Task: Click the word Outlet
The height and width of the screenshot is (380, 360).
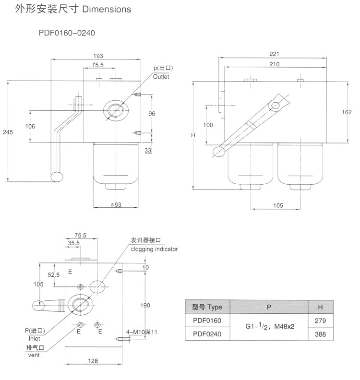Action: tap(161, 77)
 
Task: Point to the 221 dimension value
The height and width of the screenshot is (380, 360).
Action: tap(274, 54)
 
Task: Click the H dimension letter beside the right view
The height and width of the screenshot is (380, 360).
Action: tap(193, 135)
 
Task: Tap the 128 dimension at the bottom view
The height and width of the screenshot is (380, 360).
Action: tap(94, 360)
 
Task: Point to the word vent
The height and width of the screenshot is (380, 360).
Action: tap(33, 355)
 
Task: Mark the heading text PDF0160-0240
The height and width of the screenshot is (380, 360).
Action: tap(70, 34)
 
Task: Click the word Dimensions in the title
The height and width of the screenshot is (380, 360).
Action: tap(108, 9)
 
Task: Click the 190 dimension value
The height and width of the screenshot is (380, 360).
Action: tap(146, 305)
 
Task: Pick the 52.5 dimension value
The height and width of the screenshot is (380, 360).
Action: tap(53, 275)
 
